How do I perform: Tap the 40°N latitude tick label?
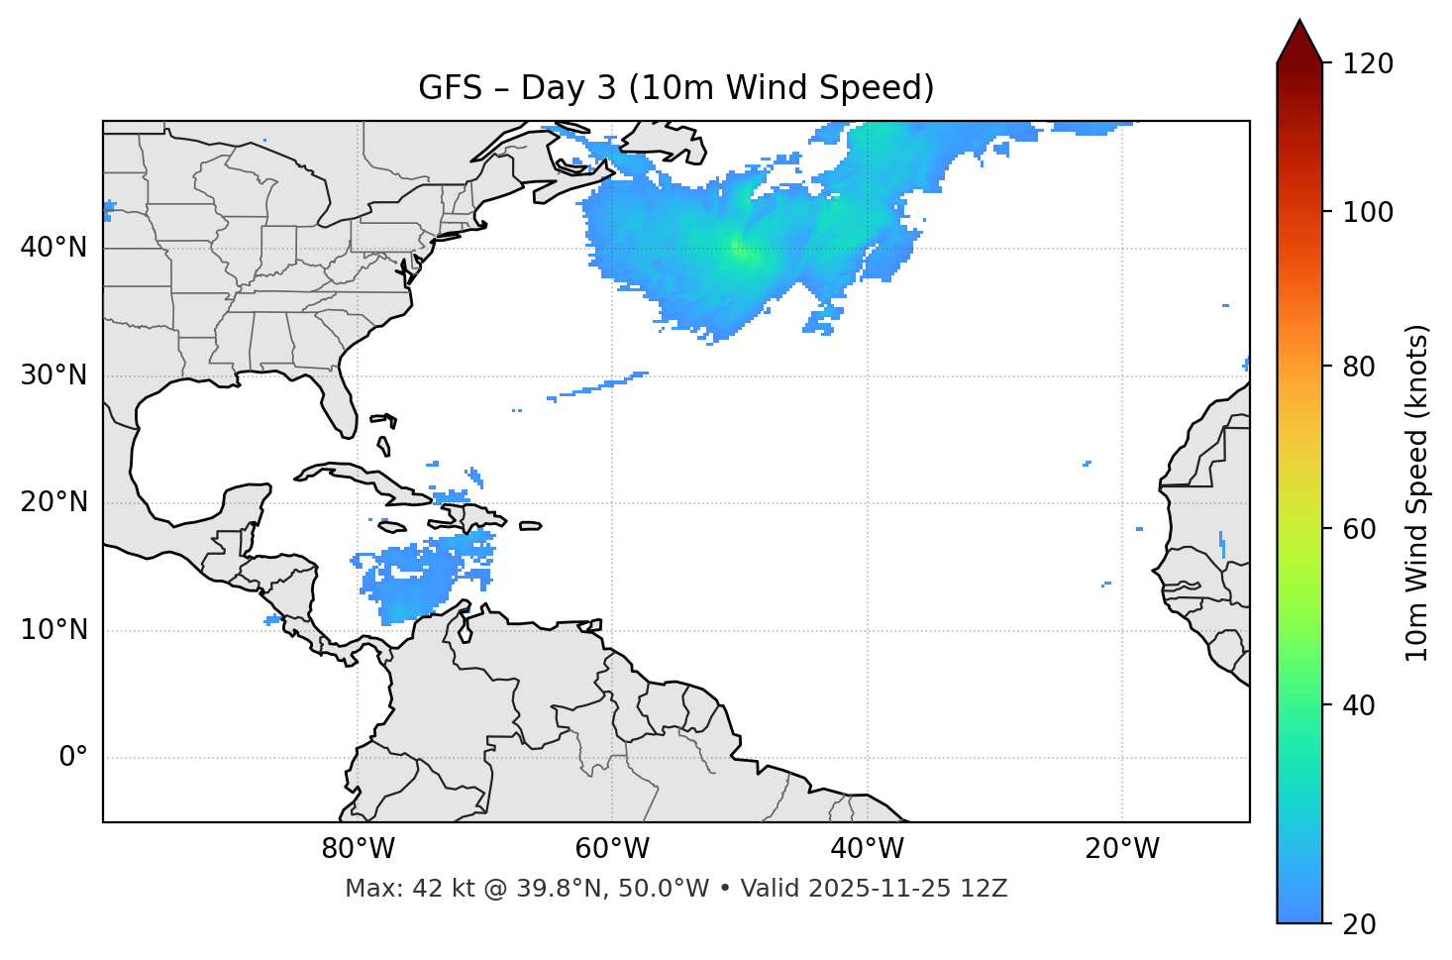[53, 248]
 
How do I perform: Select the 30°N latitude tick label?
[53, 375]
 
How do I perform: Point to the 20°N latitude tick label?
[53, 502]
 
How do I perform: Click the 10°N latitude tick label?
[53, 630]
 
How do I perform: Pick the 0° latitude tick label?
[73, 758]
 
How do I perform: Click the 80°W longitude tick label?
[358, 849]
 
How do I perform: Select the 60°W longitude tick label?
[612, 849]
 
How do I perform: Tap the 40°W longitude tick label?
[867, 849]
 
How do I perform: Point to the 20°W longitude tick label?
[1121, 849]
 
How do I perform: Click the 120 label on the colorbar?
[1368, 64]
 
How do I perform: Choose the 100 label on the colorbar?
[1368, 212]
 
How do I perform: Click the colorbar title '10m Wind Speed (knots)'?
[1417, 492]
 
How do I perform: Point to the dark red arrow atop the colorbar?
[1299, 43]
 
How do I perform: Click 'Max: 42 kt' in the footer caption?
[390, 889]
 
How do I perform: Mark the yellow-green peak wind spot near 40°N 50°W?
[738, 248]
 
